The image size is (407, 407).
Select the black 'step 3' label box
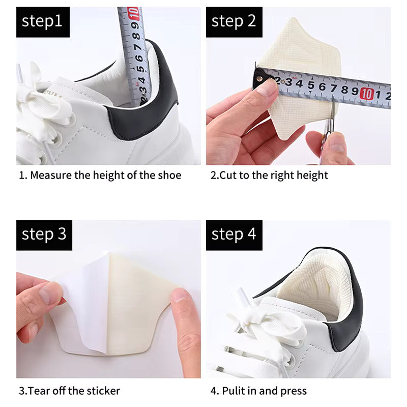click(x=44, y=235)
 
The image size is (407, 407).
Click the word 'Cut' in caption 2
click(x=227, y=176)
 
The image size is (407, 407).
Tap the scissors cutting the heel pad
click(x=328, y=130)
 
